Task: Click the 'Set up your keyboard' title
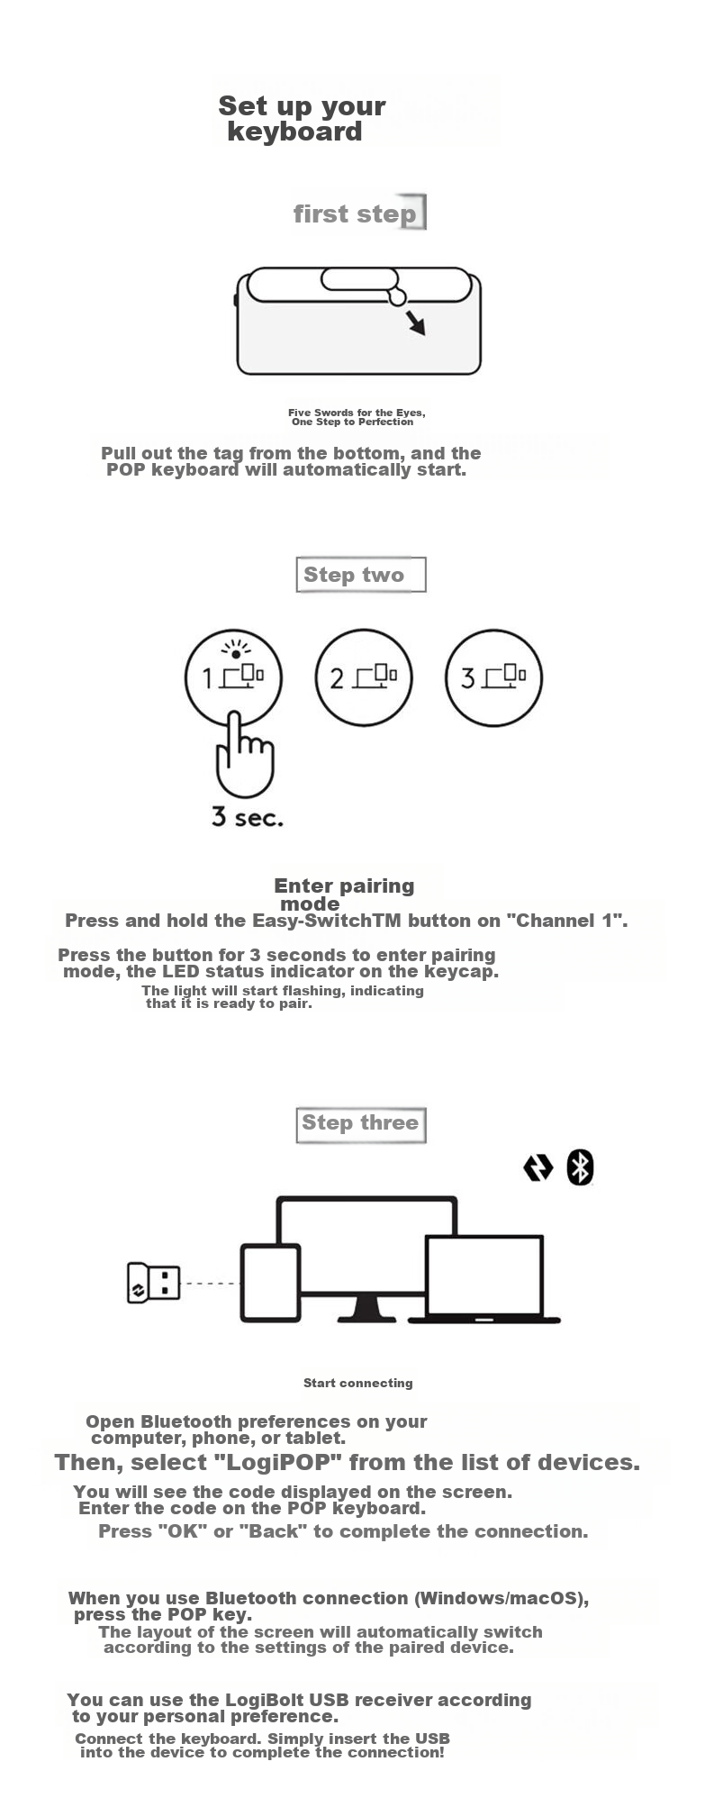click(302, 119)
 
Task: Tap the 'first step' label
click(355, 214)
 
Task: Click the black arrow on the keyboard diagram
click(415, 322)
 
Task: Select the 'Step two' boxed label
click(360, 575)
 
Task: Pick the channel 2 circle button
click(364, 677)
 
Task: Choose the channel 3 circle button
click(493, 677)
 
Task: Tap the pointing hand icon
click(244, 755)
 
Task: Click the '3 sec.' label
click(248, 817)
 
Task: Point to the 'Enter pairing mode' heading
click(344, 894)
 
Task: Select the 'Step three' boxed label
click(360, 1124)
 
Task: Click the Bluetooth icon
click(580, 1167)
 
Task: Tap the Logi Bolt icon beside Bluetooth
click(538, 1167)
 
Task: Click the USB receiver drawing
click(154, 1283)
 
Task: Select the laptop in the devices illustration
click(484, 1279)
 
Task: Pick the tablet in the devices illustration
click(270, 1283)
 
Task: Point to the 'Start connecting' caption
click(358, 1383)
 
